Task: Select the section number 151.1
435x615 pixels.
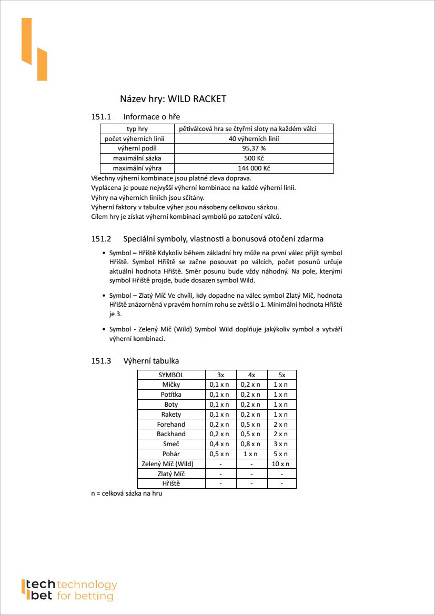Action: pos(102,116)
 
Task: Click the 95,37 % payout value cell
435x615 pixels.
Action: pos(254,148)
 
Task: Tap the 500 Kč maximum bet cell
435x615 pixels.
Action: pos(254,158)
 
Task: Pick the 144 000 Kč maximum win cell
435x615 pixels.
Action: pos(254,168)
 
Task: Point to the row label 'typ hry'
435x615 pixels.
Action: pos(137,129)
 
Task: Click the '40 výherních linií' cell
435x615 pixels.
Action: pos(254,139)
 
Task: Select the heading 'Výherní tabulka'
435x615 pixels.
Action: pos(151,361)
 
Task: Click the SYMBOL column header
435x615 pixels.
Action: pos(171,375)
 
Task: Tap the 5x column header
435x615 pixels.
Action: pos(281,375)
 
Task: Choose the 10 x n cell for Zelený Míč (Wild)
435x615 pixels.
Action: pos(281,463)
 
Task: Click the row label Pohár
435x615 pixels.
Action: pos(171,453)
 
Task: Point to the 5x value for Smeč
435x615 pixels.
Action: pos(281,444)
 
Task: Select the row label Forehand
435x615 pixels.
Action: pos(171,424)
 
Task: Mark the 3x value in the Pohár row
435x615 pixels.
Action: pos(219,453)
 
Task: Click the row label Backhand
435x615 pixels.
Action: pos(171,434)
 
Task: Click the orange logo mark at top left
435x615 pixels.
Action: pos(34,49)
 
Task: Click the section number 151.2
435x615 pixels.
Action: pos(102,239)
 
